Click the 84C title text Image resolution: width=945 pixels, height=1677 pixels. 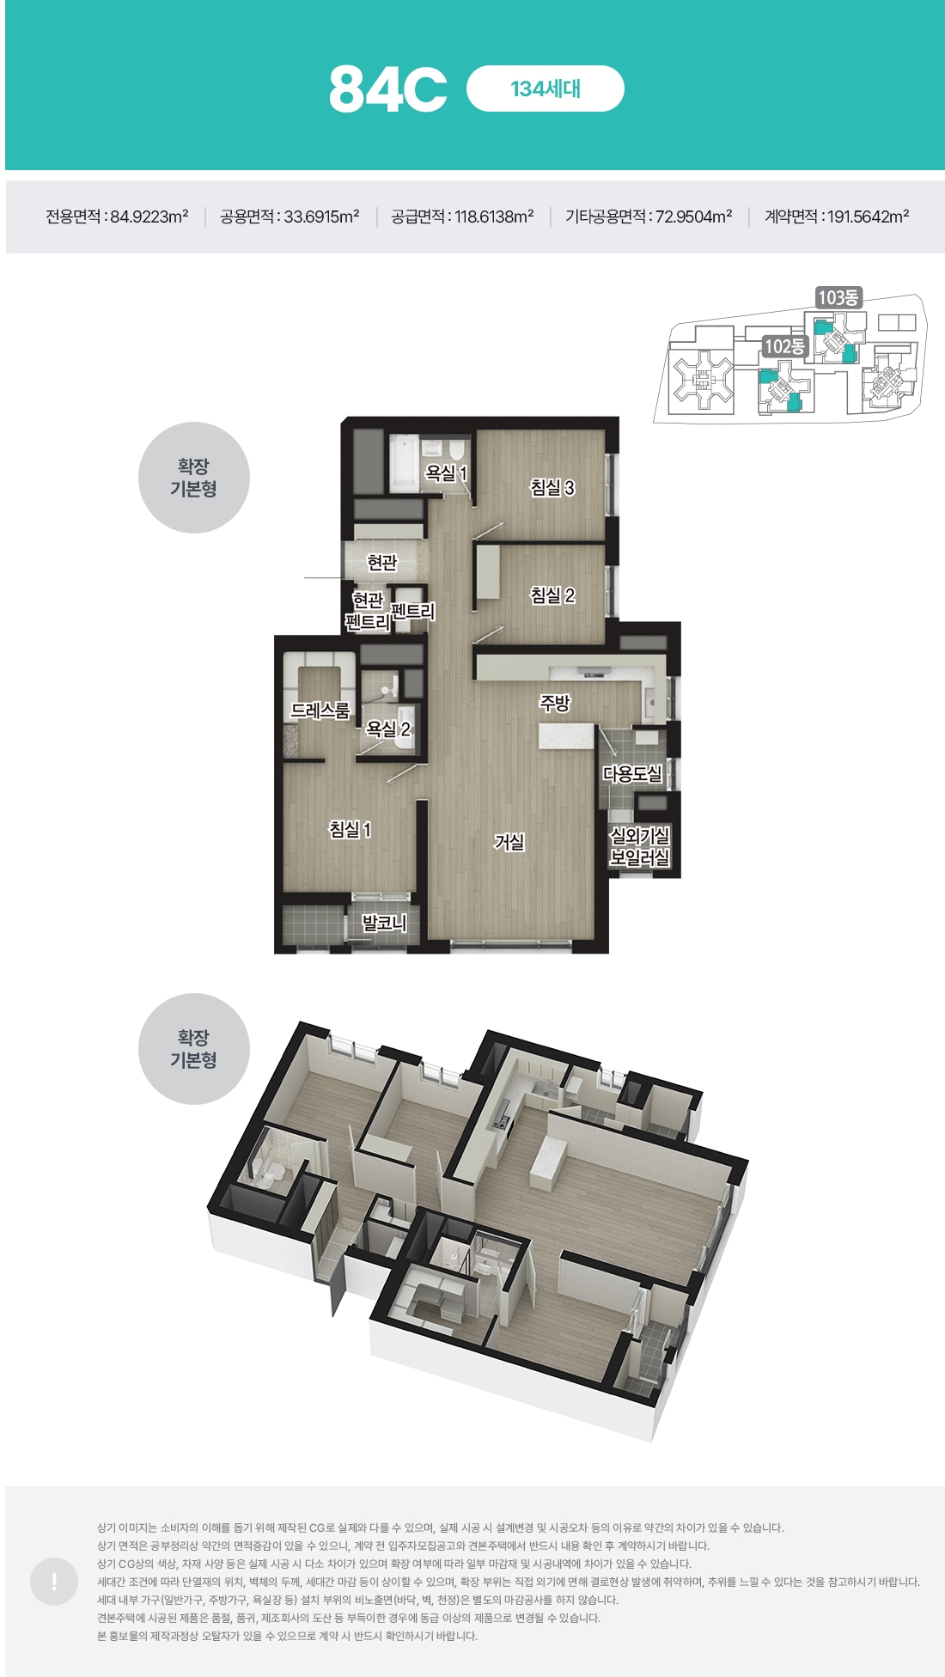387,88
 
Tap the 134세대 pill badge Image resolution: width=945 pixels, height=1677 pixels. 545,88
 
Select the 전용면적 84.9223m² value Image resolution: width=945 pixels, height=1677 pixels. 117,216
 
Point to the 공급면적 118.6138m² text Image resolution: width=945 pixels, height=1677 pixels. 462,216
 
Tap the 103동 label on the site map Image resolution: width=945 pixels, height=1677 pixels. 838,297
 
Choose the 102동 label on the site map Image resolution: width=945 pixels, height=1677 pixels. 785,346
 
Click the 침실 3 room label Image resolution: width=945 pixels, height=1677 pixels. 552,488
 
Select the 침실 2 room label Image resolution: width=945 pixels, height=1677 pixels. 552,595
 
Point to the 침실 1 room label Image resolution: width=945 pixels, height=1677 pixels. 351,829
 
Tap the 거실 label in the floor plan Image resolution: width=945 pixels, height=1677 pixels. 509,842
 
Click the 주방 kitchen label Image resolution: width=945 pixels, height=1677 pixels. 555,704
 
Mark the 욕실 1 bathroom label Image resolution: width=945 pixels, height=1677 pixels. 446,473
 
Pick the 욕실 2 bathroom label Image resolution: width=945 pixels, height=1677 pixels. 388,729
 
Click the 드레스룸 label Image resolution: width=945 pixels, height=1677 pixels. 320,710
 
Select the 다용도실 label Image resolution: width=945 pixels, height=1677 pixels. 632,774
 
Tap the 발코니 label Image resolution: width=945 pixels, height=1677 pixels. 384,923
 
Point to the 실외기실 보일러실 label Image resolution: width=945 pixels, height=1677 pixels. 639,846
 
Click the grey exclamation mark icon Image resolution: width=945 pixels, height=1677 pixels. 54,1582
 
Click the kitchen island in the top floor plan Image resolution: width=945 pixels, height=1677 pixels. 566,736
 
